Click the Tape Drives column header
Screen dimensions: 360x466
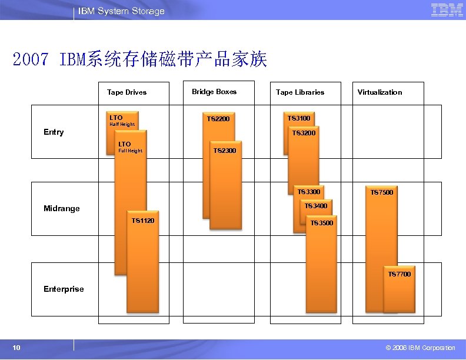point(127,92)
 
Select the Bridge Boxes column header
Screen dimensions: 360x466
point(214,92)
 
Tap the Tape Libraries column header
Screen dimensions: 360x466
point(300,92)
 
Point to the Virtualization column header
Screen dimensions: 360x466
point(380,92)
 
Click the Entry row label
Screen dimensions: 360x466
point(54,132)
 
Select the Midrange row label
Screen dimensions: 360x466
point(62,208)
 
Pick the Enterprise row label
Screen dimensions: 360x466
point(64,289)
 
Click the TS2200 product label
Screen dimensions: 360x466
point(218,119)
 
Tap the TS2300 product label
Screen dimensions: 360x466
point(225,151)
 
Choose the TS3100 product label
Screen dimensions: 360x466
point(299,119)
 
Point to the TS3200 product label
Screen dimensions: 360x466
point(304,133)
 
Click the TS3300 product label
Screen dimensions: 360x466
point(309,192)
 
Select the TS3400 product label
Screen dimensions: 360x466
point(316,206)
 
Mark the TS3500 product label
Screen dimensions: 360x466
point(322,223)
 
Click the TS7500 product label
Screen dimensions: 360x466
point(382,192)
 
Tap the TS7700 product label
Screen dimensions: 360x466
point(400,274)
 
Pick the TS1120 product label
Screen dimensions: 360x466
point(143,221)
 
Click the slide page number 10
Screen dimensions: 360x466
point(16,348)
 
